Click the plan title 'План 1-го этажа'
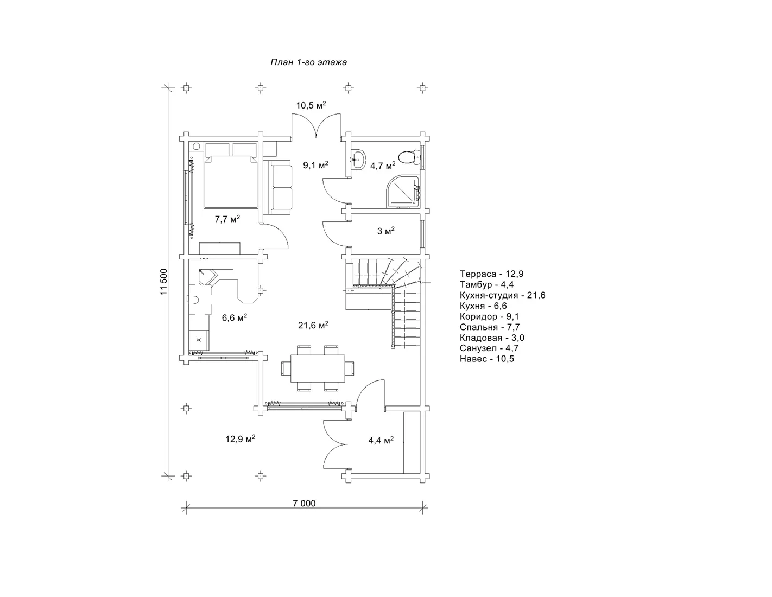308,62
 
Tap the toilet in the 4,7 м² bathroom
409,157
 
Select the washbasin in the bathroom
358,160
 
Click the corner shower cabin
403,190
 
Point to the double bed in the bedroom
231,181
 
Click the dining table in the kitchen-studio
318,368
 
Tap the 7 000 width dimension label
304,503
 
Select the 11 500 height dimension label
163,282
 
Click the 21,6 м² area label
313,325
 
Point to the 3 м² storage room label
386,231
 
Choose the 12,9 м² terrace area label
241,439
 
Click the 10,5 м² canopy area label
311,105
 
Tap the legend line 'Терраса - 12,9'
492,274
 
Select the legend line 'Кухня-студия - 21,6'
502,295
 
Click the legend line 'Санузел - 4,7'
489,348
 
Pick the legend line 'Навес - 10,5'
487,359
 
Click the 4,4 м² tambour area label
381,440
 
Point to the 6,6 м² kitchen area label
235,317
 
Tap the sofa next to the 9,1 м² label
282,187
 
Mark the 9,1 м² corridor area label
315,165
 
